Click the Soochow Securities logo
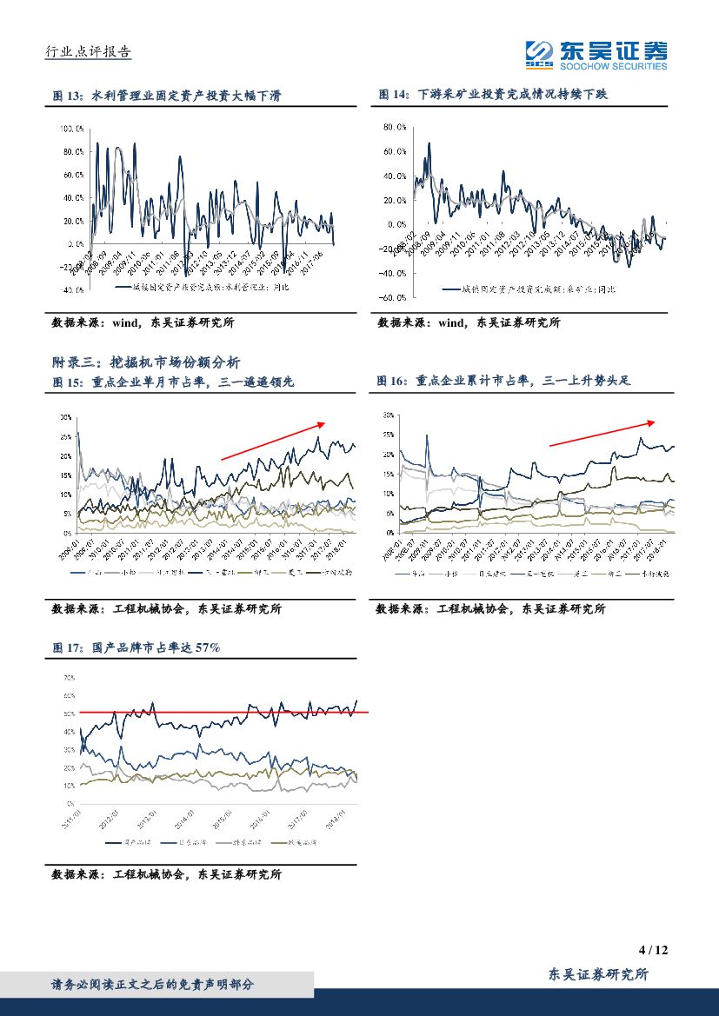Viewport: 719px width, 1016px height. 596,55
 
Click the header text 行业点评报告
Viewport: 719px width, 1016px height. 88,52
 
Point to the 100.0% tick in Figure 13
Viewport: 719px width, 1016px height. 71,129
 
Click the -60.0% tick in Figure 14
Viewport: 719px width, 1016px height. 395,297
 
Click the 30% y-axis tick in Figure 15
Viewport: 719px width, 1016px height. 66,417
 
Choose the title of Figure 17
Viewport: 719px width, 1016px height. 136,647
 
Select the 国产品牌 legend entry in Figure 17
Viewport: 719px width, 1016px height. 130,842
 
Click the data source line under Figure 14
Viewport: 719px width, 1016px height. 469,322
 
